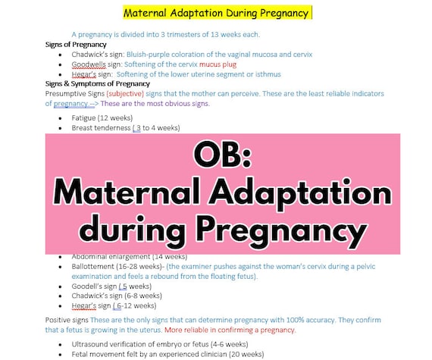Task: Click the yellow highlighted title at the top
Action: pos(216,13)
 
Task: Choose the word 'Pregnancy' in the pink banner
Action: pos(283,230)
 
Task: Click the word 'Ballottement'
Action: pos(95,266)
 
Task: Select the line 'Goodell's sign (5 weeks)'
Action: pos(111,286)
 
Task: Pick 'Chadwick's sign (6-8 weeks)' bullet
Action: pos(117,296)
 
